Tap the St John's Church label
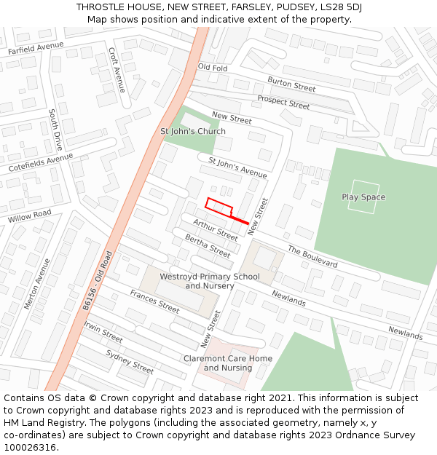coord(193,132)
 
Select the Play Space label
coord(363,197)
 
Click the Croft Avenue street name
coord(117,66)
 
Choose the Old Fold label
coord(213,68)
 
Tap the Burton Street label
coord(291,84)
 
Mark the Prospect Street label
coord(283,103)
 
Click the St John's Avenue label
coord(237,167)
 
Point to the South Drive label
coord(56,129)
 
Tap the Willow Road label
coord(30,216)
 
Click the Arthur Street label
coord(215,230)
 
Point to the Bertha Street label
coord(208,246)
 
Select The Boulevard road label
coord(312,256)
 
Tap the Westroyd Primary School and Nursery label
coord(210,281)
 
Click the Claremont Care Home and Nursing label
coord(228,363)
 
